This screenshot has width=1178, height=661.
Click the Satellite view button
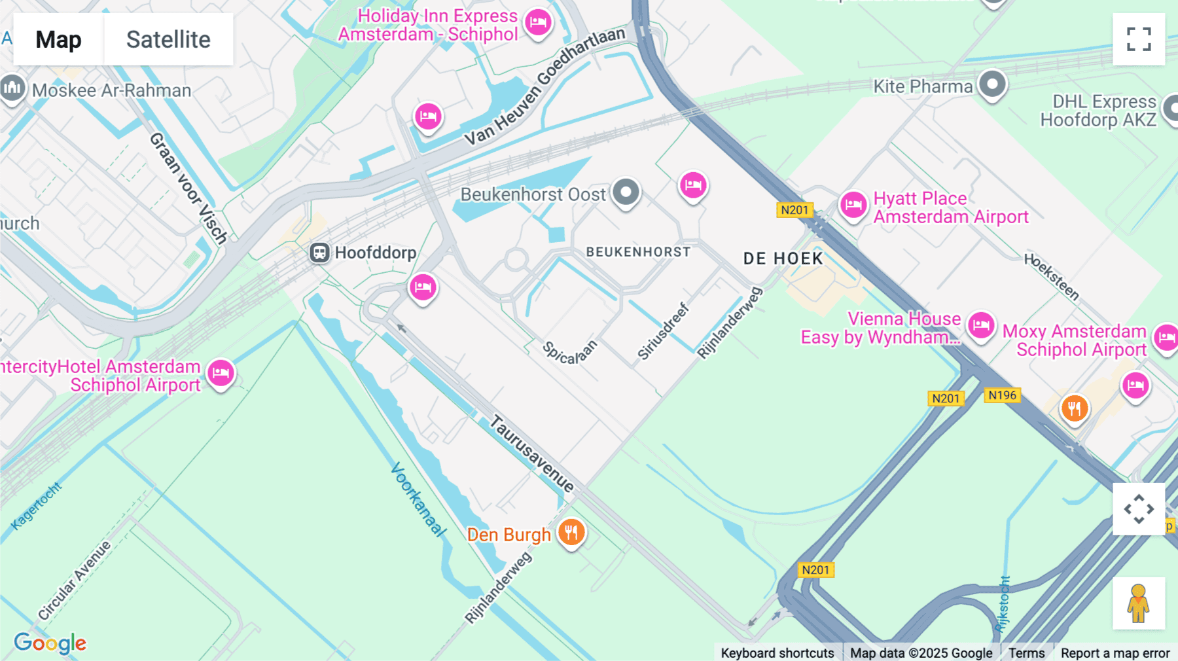(168, 39)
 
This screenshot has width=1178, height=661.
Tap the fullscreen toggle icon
(1139, 39)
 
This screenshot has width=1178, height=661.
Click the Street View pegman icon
(1139, 603)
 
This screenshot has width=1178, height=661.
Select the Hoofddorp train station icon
(319, 253)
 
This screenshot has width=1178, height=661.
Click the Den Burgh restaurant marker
(571, 533)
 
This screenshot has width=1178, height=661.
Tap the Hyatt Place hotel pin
(853, 205)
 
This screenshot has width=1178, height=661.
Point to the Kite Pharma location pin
(992, 84)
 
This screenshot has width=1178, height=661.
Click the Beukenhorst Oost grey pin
(626, 192)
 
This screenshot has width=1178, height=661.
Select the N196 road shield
(1002, 395)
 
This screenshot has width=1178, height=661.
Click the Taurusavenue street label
(532, 453)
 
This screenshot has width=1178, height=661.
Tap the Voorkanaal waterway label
(418, 499)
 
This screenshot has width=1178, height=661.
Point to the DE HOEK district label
(783, 259)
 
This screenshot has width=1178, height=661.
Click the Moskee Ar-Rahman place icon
(12, 88)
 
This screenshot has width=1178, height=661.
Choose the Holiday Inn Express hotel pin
(538, 23)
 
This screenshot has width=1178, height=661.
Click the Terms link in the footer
(1026, 652)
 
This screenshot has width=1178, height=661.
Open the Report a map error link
(1115, 652)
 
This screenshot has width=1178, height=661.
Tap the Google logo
(50, 643)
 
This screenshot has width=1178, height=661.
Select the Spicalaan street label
(570, 352)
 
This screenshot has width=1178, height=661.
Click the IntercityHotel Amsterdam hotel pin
(221, 373)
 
